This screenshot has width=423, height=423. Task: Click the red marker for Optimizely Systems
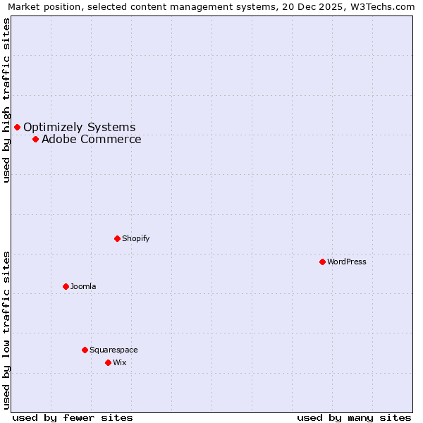17,127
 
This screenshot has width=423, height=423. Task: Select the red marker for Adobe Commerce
35,139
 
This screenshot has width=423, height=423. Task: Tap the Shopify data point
117,238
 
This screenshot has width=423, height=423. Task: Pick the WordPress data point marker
322,262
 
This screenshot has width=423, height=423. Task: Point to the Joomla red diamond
66,286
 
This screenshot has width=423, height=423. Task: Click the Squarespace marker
85,350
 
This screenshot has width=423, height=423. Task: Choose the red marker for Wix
108,362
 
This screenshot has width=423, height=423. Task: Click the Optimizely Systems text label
79,127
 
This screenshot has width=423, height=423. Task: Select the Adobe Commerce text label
91,139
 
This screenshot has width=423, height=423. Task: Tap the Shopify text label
135,238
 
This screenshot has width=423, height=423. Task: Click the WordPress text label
346,262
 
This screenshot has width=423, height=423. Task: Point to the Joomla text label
83,286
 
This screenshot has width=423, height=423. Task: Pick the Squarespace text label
114,350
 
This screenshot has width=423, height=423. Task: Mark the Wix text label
119,362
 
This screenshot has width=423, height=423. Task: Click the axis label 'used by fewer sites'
73,417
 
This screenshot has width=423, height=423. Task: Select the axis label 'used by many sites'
354,417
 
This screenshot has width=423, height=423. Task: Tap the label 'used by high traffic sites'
6,100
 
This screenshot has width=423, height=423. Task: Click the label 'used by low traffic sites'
6,329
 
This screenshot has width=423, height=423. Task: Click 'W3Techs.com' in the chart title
384,6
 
